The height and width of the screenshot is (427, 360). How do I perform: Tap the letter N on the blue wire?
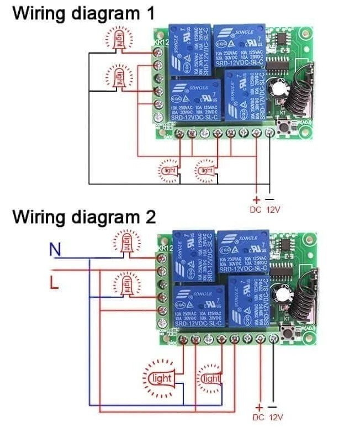(55, 250)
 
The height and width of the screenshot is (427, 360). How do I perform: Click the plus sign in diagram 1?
(256, 199)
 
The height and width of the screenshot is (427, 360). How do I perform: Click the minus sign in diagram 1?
(269, 199)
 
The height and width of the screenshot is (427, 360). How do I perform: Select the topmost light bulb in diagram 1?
(120, 39)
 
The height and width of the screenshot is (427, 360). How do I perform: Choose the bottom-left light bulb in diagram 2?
(161, 378)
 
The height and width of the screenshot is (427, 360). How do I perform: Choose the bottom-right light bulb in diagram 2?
(210, 378)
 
